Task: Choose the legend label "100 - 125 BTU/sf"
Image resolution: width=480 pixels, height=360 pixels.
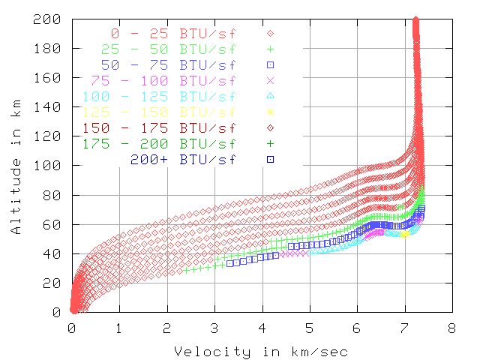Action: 159,96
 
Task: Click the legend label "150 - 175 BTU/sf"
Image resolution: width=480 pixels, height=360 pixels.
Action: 159,127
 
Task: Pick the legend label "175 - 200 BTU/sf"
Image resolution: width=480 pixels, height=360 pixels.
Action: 159,142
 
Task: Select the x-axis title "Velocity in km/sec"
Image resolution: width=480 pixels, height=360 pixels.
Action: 260,352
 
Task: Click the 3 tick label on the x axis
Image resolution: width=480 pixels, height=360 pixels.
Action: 214,327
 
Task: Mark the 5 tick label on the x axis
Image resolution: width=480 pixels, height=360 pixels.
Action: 310,327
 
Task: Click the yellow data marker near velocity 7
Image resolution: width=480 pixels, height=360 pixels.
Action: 404,234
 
